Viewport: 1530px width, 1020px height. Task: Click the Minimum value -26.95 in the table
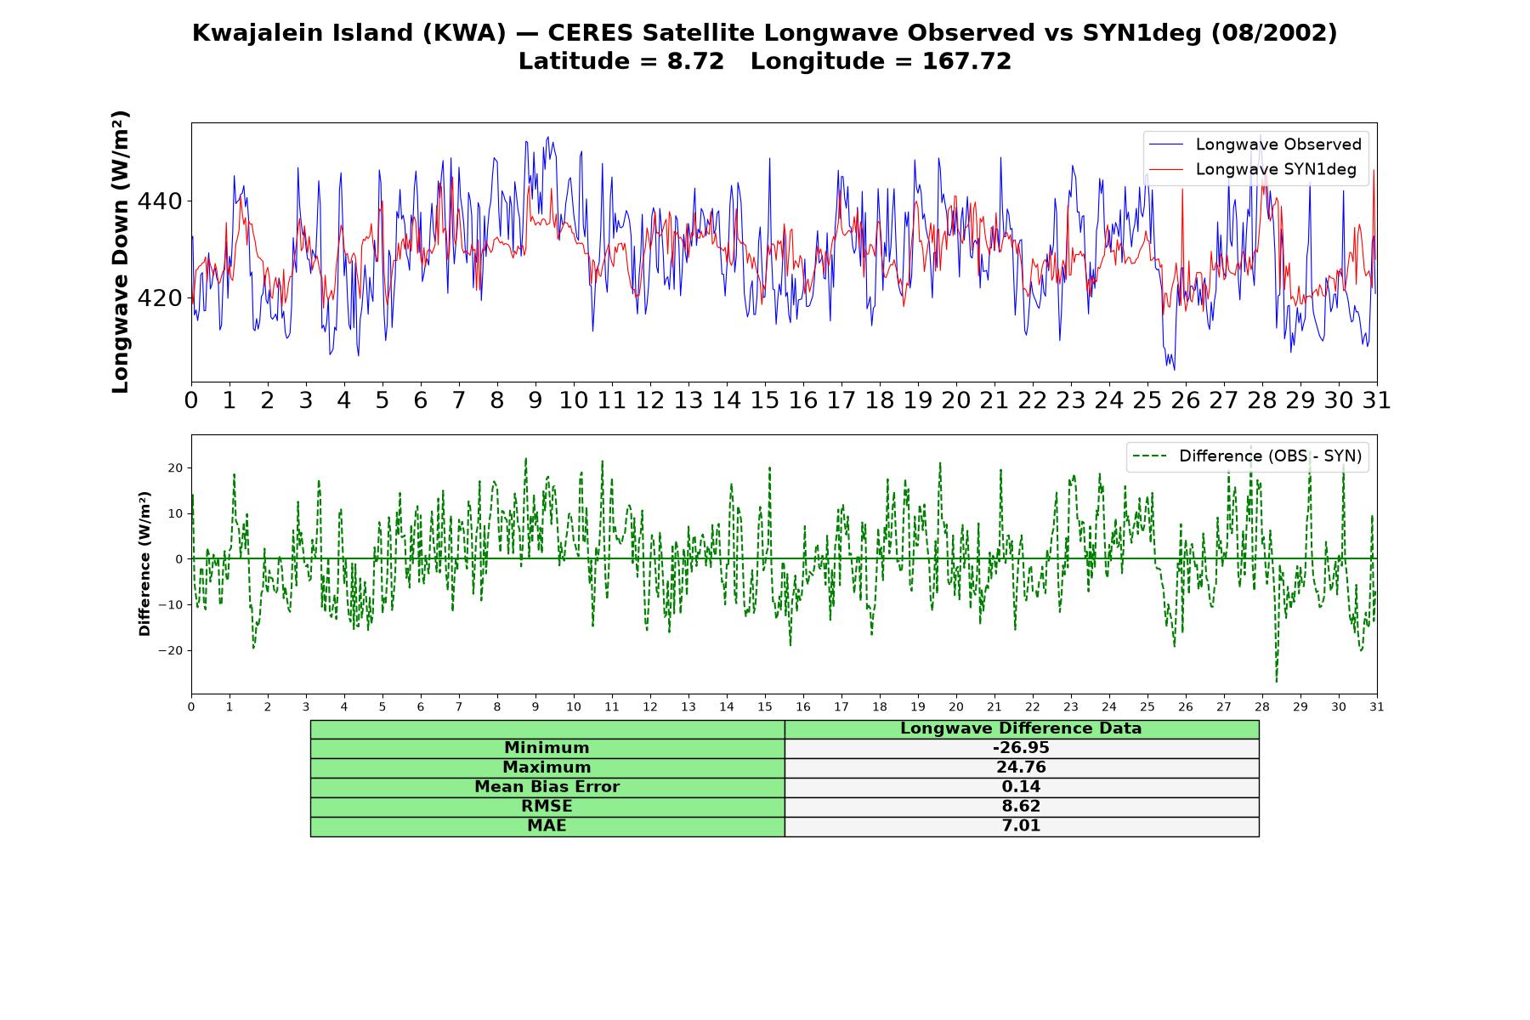[x=1021, y=748]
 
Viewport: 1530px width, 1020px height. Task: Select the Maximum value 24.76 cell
[x=1021, y=768]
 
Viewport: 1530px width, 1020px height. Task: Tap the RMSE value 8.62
[x=1021, y=807]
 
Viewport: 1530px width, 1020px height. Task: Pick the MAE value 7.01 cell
[x=1021, y=826]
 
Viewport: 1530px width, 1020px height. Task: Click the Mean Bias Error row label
[x=547, y=787]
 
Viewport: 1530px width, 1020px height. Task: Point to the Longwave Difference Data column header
[x=1021, y=728]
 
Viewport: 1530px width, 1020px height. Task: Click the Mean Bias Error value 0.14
[x=1021, y=787]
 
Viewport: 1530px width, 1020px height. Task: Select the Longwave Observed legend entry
[x=1255, y=144]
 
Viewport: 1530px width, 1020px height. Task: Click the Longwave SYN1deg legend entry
[x=1252, y=169]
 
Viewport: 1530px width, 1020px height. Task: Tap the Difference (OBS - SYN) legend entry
[x=1247, y=456]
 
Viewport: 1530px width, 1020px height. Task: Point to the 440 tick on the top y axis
[x=160, y=201]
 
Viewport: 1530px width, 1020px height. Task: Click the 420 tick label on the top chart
[x=160, y=298]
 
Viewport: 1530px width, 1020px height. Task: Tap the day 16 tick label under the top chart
[x=803, y=400]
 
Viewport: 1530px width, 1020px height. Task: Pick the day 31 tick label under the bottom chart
[x=1377, y=706]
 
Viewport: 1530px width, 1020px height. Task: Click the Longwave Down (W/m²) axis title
[x=121, y=252]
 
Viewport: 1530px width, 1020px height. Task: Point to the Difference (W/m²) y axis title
[x=144, y=564]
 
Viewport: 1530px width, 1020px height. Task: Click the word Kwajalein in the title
[x=259, y=33]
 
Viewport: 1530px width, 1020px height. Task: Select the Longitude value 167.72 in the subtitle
[x=967, y=62]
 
